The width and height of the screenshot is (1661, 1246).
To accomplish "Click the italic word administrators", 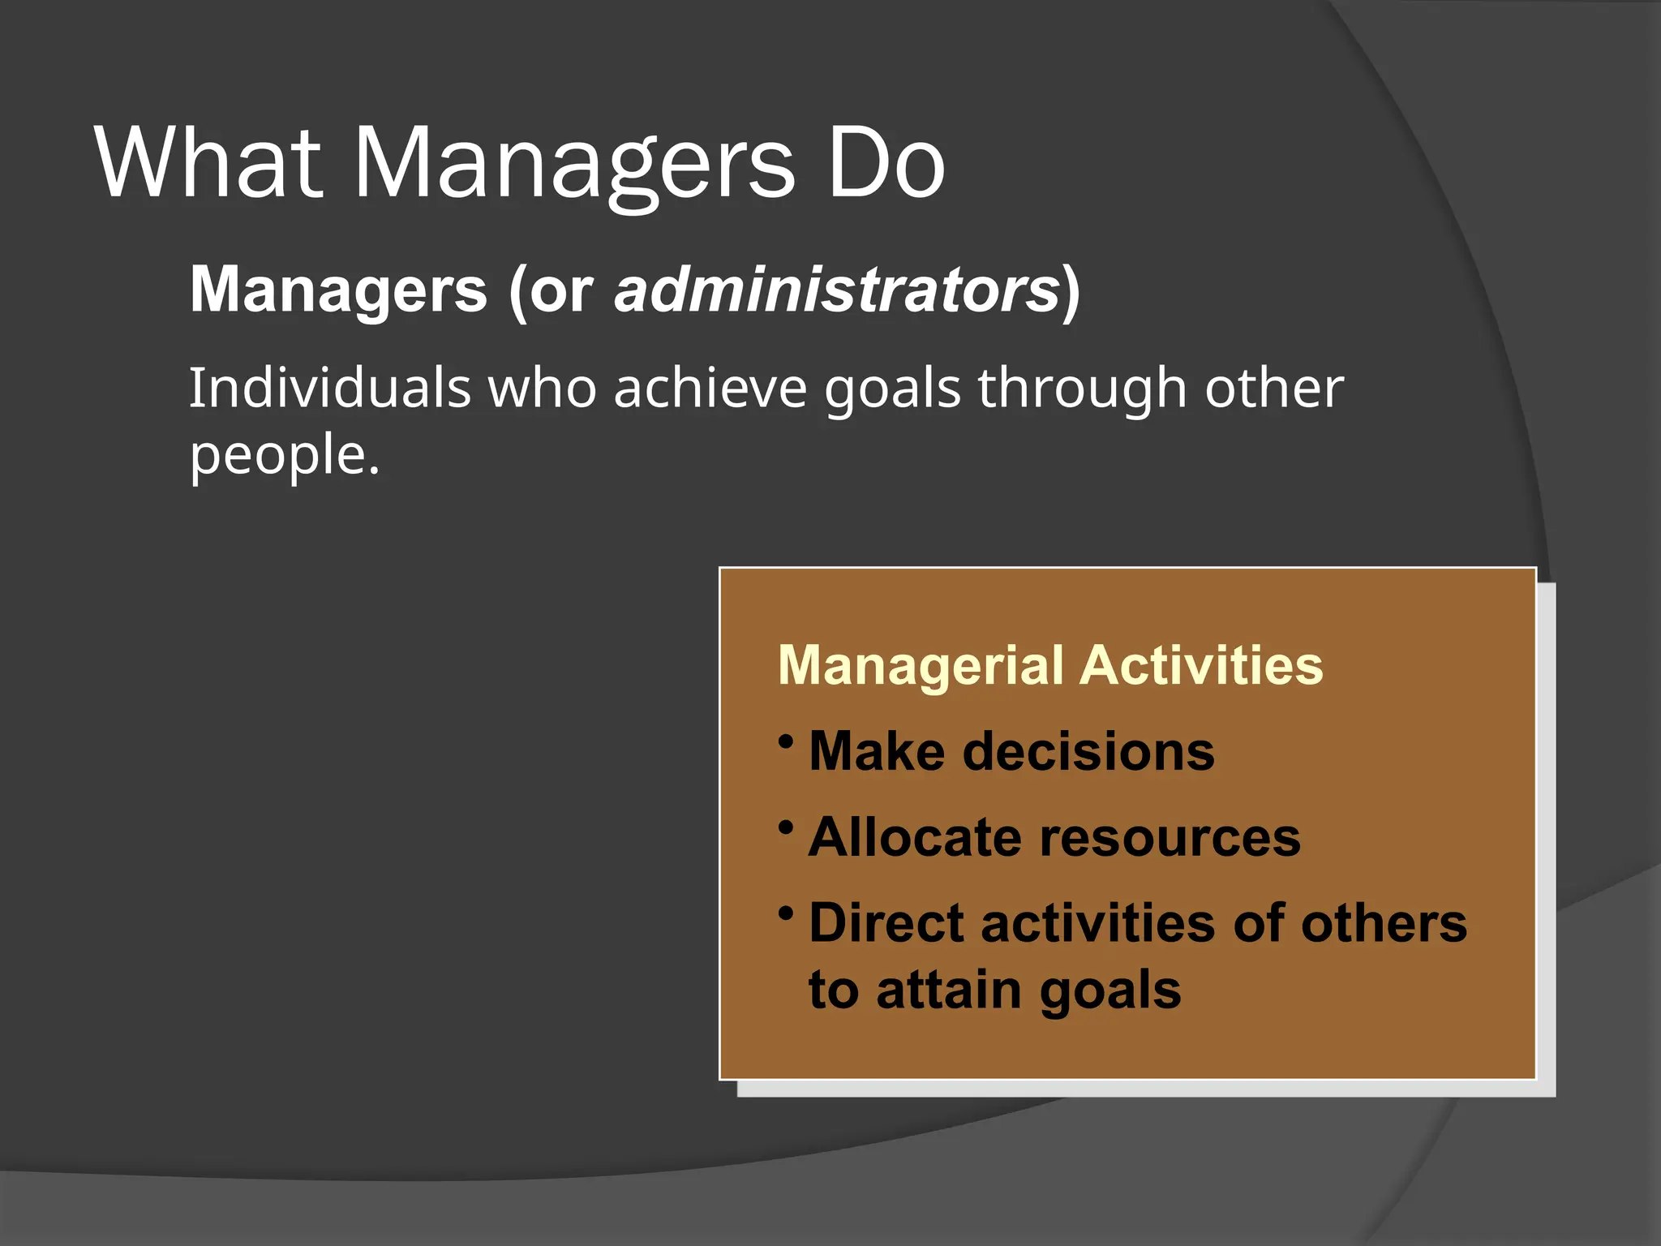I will [836, 290].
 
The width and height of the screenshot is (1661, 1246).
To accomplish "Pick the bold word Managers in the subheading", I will [338, 290].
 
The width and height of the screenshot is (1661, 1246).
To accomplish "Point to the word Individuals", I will [329, 388].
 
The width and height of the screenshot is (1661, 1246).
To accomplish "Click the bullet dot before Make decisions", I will [785, 740].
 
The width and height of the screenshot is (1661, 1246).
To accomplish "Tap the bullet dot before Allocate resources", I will [785, 827].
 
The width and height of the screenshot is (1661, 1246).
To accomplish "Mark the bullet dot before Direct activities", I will [785, 913].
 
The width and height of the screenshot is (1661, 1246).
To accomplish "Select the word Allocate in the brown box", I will [915, 837].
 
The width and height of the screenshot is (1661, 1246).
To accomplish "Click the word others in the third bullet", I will [1384, 923].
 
